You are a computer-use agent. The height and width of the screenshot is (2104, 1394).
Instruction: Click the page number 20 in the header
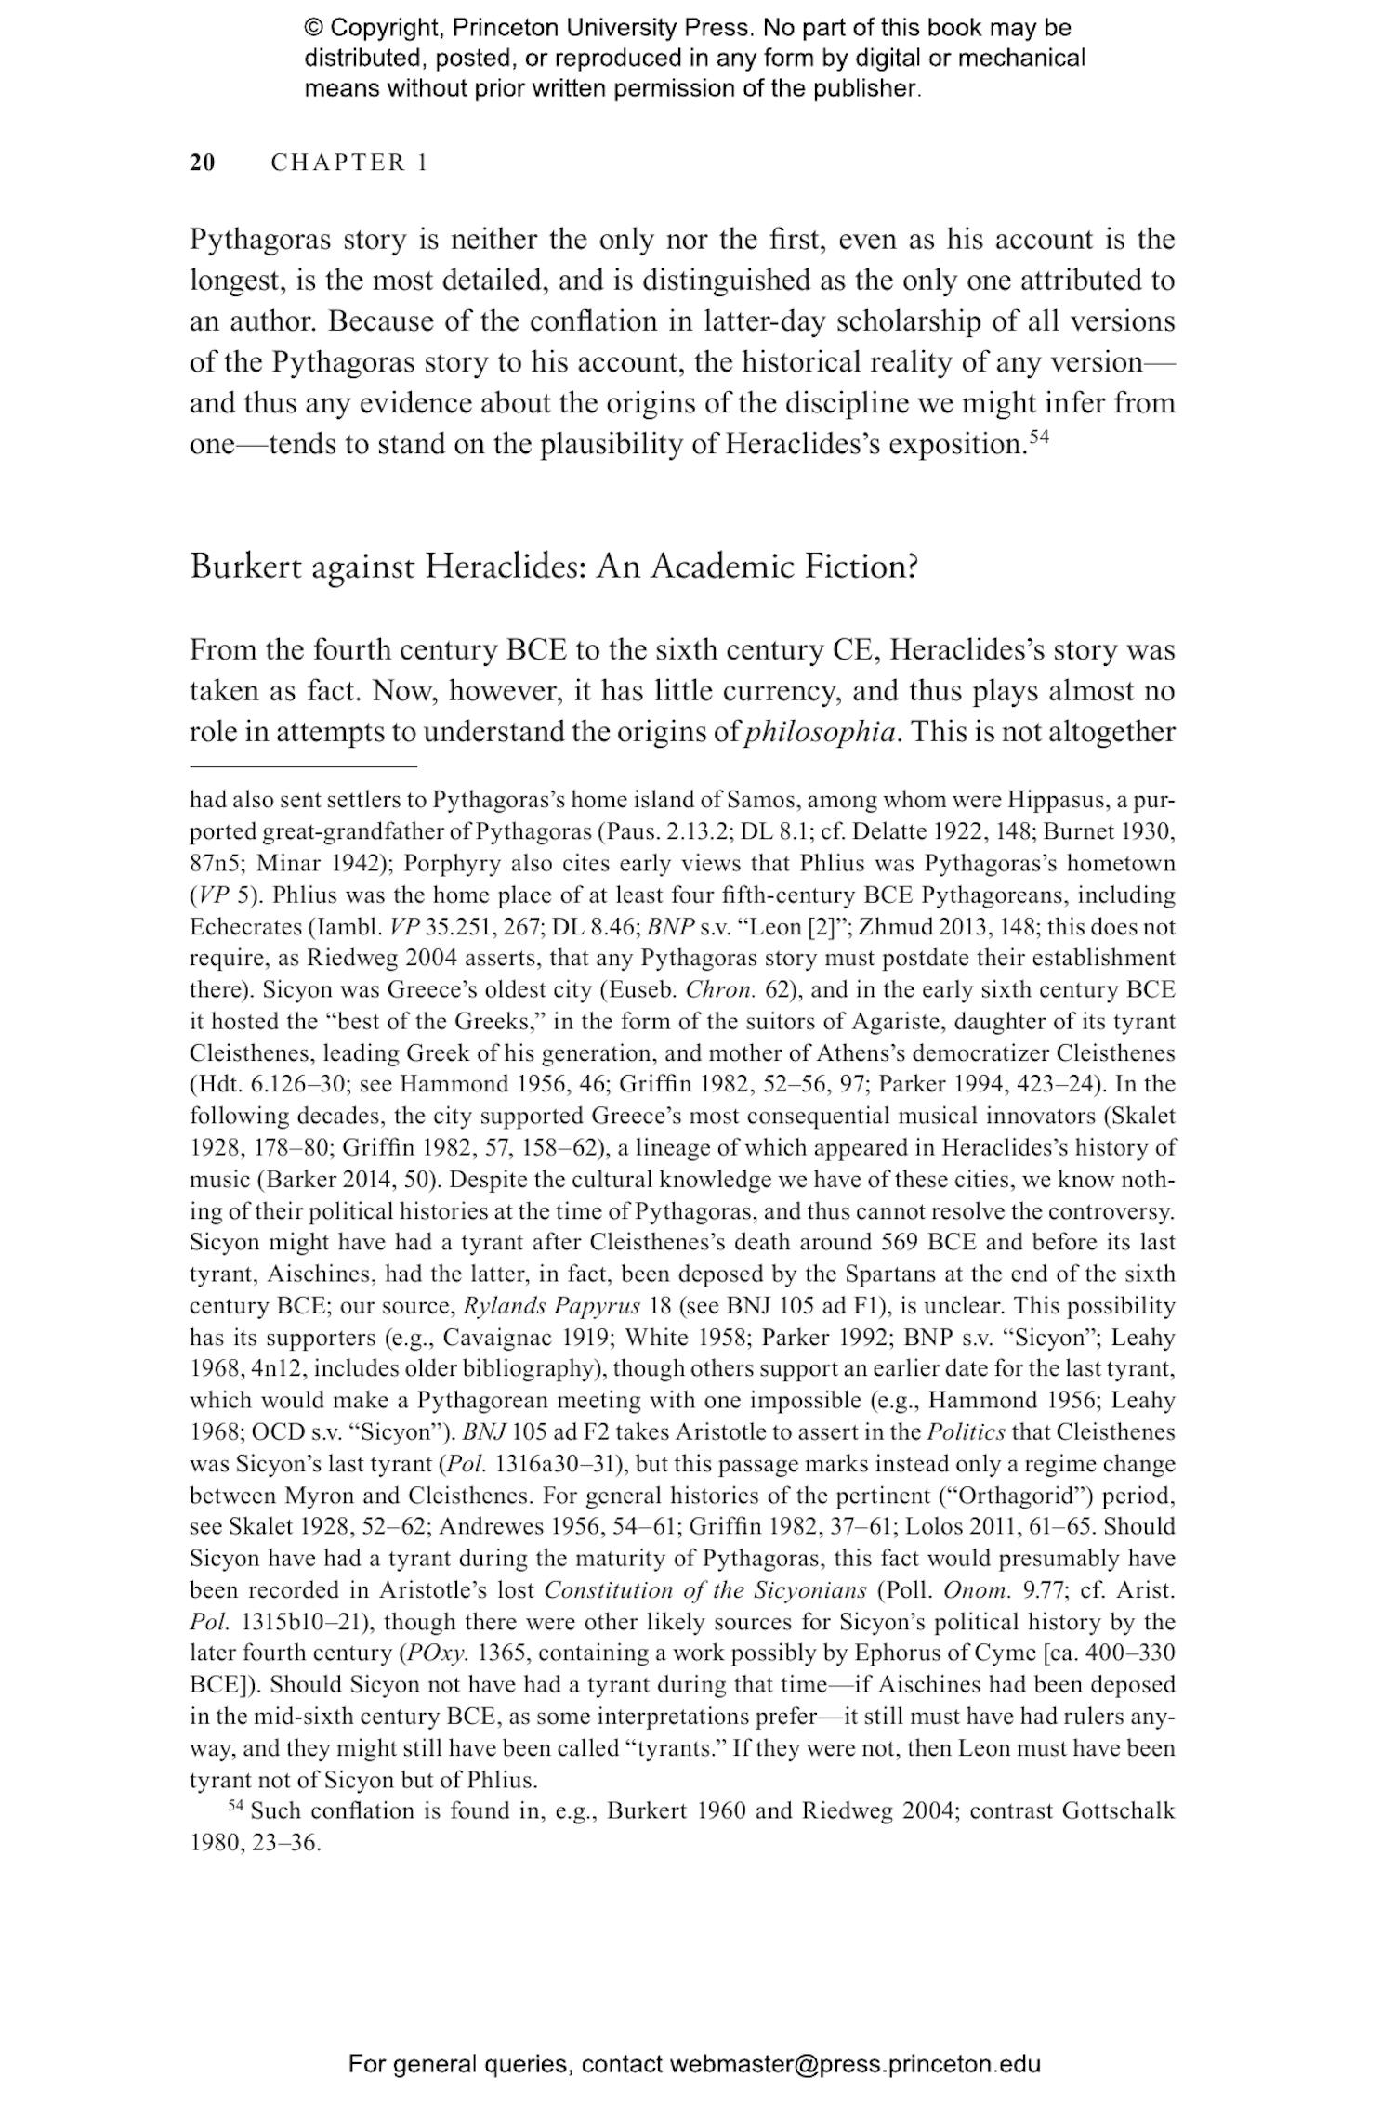(203, 163)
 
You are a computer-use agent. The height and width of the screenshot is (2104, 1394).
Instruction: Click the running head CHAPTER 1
(348, 163)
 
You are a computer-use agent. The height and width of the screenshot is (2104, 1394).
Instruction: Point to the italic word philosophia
(822, 732)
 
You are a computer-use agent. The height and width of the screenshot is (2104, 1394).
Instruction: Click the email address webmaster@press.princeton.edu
(854, 2064)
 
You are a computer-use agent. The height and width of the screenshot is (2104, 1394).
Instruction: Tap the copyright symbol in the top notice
(313, 28)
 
